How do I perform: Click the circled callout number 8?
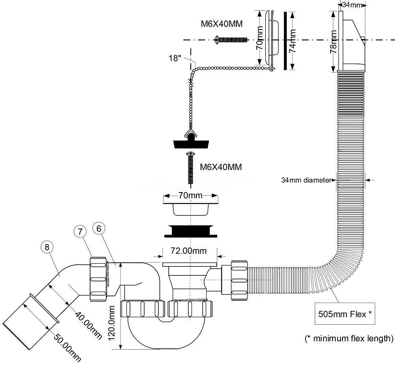pos(47,247)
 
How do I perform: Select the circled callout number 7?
pos(80,231)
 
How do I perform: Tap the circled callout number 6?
pos(99,228)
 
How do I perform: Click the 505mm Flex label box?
pos(345,314)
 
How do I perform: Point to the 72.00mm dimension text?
pos(189,251)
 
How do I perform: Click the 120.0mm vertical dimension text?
pos(112,323)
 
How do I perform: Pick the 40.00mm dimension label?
pos(88,326)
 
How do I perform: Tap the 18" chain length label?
pos(175,58)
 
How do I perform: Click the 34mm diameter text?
pos(306,180)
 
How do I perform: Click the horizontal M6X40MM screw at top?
pos(231,40)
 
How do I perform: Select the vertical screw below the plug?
pos(190,168)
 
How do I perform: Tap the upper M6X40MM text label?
pos(222,24)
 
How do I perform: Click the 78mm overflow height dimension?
pos(333,41)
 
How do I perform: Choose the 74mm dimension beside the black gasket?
pos(292,41)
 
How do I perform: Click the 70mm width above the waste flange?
pos(190,195)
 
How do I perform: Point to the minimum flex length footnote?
pos(349,338)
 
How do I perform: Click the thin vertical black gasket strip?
pos(285,41)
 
